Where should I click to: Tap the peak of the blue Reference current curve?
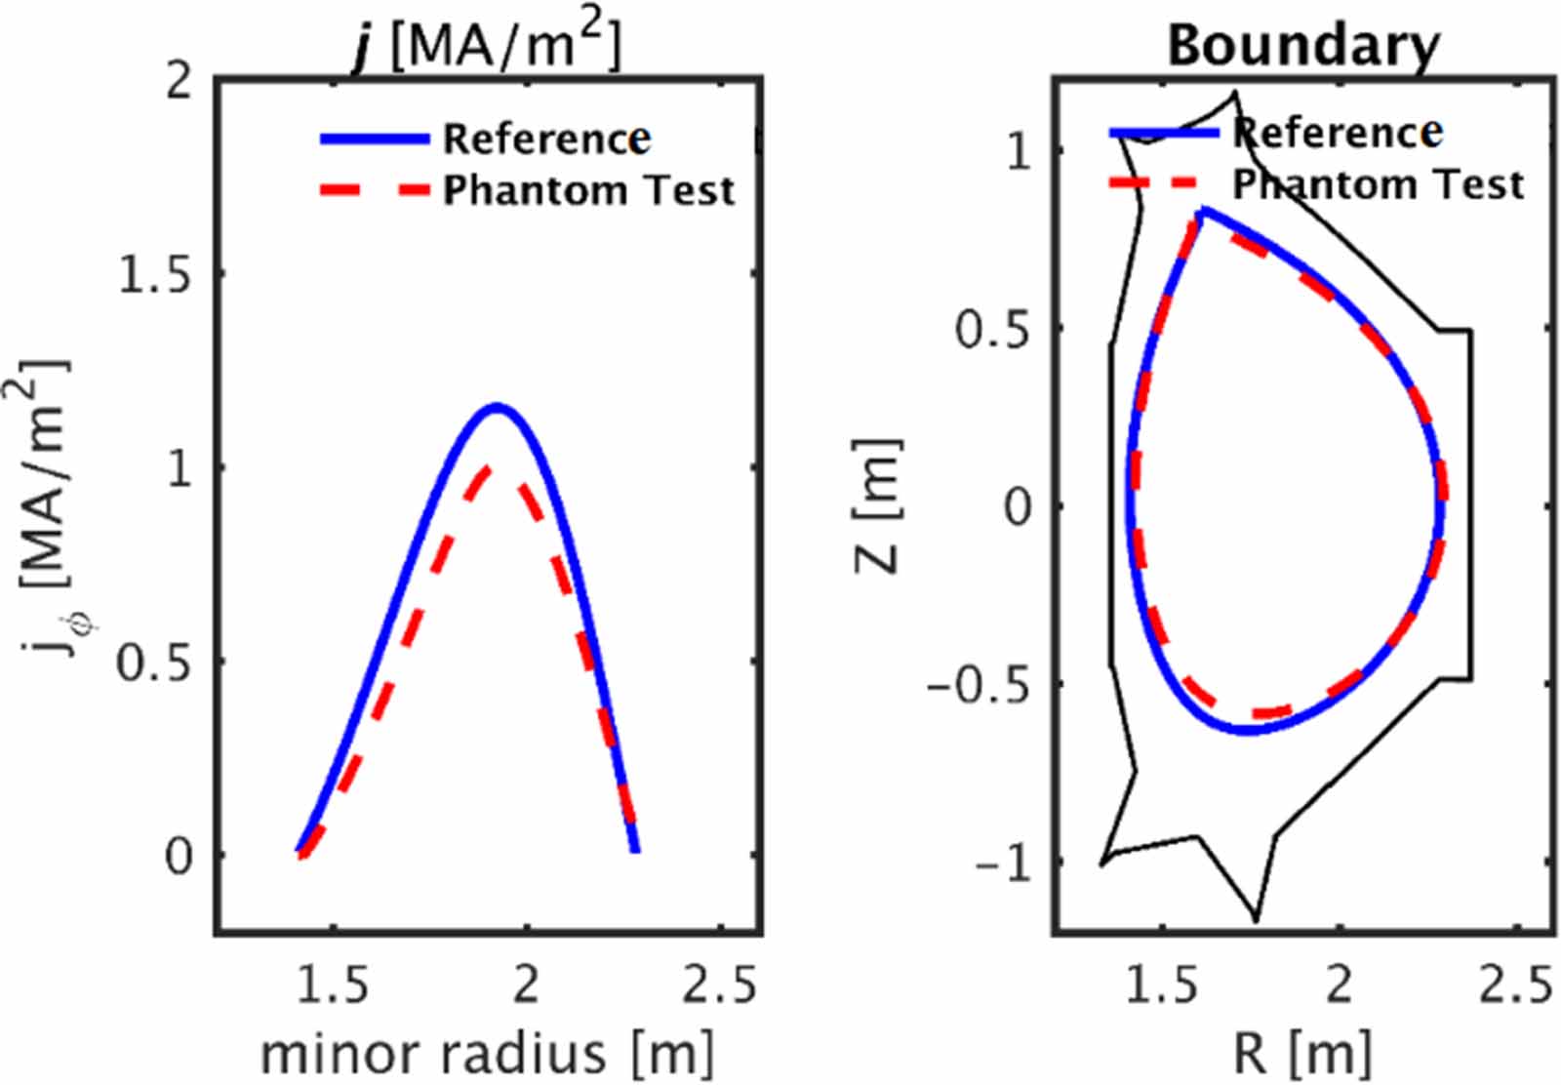tap(498, 406)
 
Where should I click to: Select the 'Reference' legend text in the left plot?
tap(547, 139)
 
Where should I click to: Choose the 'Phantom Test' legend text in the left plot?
tap(588, 190)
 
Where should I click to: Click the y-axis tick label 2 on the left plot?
tap(180, 81)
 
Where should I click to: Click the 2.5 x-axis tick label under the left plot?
tap(719, 985)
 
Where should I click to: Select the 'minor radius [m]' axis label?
tap(487, 1054)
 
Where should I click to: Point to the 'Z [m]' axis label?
tap(878, 505)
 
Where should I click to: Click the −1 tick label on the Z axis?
tap(1002, 863)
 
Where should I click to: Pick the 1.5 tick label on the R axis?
tap(1162, 985)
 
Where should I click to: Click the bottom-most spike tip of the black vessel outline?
tap(1256, 919)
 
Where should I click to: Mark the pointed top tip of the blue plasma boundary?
tap(1203, 210)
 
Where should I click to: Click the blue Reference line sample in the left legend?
tap(375, 140)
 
